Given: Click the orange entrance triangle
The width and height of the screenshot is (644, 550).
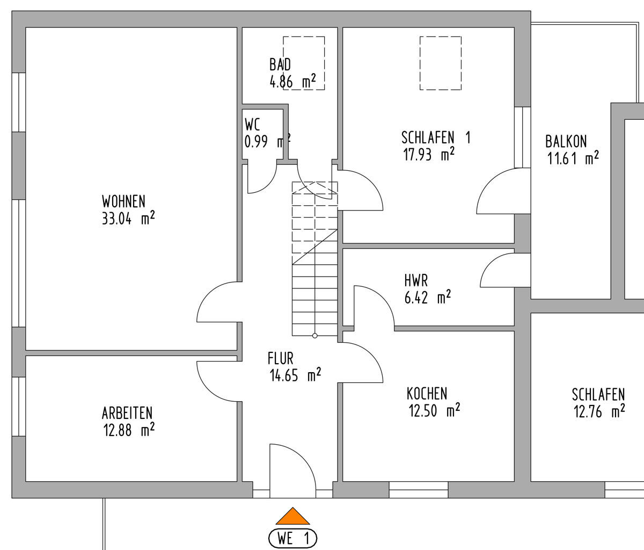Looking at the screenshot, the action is coord(292,517).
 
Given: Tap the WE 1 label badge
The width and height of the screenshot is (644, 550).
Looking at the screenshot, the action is coord(293,538).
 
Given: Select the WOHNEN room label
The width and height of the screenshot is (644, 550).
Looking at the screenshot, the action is coord(123,201).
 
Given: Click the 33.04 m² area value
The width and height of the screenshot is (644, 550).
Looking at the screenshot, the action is coord(128,218).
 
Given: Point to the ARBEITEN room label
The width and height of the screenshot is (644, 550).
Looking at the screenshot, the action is coord(127,413).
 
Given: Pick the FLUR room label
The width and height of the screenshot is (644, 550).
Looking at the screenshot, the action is coord(280,359).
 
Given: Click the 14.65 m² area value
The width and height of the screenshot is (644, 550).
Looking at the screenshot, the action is coord(295,375).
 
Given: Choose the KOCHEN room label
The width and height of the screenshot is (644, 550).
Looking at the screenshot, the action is coord(427,394).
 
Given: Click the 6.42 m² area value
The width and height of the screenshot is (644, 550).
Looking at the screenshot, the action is coord(428,297).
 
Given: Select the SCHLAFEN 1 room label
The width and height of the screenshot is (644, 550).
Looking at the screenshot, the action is coord(436,137).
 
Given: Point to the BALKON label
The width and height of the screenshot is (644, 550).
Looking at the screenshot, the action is coord(566,141).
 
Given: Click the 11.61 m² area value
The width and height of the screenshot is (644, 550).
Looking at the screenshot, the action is coord(573,158).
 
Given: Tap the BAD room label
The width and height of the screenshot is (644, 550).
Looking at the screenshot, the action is coord(280,64).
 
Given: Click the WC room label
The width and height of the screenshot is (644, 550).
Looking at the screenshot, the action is coord(252,125).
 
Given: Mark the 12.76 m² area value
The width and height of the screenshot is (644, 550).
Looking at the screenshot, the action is coord(599,411).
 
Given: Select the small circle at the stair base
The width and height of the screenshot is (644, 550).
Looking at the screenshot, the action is coord(314,336).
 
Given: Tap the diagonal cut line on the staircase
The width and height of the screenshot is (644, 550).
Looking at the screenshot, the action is coord(314,247).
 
